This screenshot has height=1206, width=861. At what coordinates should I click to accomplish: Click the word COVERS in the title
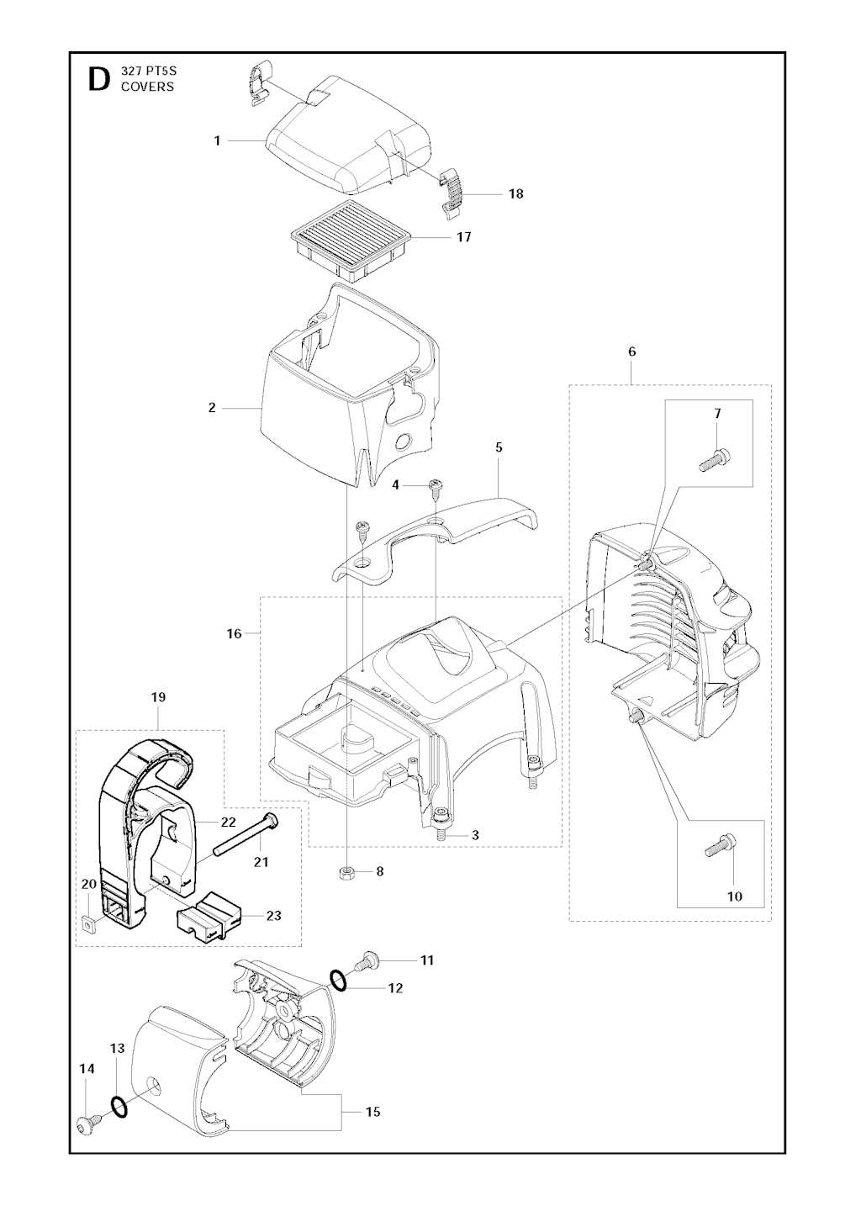(147, 87)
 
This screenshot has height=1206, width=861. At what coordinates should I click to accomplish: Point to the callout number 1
(217, 140)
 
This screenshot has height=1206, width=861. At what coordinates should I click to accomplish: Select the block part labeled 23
(209, 918)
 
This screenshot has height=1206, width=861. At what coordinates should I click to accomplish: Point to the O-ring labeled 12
(338, 980)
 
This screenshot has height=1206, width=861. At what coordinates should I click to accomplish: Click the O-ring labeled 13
(119, 1107)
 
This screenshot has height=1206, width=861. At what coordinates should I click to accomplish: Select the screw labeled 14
(87, 1122)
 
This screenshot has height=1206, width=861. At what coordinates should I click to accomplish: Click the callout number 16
(234, 633)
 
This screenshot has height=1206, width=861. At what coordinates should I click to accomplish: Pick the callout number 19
(158, 697)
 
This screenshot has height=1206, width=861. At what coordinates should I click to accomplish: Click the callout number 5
(499, 447)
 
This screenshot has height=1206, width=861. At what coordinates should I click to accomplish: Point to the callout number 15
(372, 1112)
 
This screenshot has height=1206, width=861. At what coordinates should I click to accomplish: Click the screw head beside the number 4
(436, 485)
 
